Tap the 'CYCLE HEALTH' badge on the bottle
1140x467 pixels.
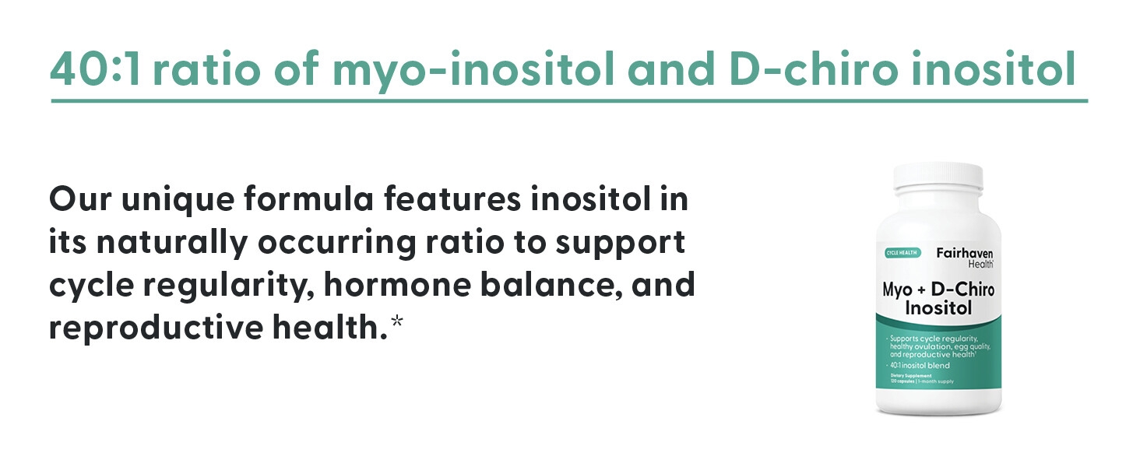903,253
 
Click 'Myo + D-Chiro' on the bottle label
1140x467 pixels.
938,290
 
